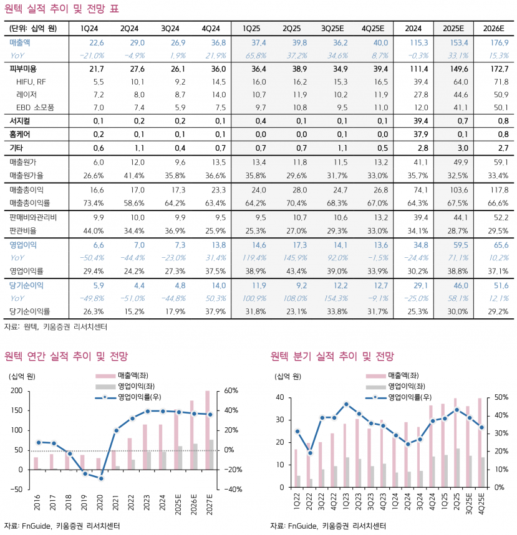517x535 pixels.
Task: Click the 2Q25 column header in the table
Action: click(291, 29)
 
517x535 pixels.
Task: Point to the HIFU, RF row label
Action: click(31, 82)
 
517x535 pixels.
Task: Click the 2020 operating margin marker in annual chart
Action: click(101, 478)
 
